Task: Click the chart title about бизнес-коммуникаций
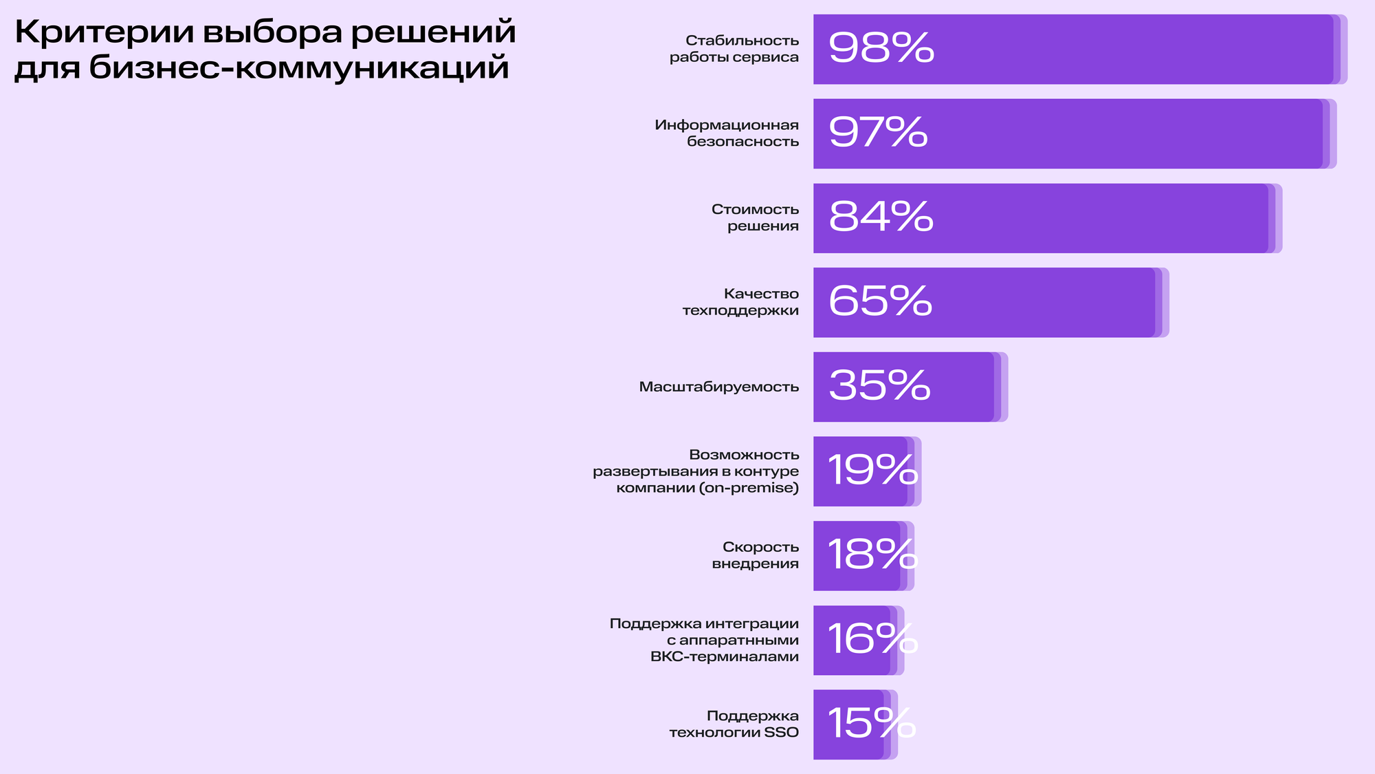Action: [x=265, y=50]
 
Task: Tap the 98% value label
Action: [x=881, y=48]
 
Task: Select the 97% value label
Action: [x=878, y=132]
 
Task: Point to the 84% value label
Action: [x=881, y=217]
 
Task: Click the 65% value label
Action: [x=880, y=301]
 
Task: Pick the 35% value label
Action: [x=879, y=386]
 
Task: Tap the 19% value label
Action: [x=872, y=471]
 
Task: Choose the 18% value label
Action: [x=872, y=555]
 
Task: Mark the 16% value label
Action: [x=872, y=639]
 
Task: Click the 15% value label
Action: [x=871, y=724]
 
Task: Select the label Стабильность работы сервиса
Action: [x=734, y=49]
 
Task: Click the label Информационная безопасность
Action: [x=727, y=133]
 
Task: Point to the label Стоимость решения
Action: [x=755, y=217]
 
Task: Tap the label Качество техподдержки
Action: [x=740, y=302]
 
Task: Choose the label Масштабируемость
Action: [x=719, y=387]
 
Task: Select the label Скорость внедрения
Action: [x=755, y=555]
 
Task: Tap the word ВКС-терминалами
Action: [x=725, y=656]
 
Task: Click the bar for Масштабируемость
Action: [x=962, y=387]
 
